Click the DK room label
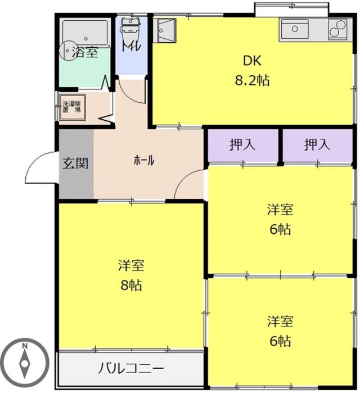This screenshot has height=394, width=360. pos(252,61)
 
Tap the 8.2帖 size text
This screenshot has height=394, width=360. pos(252,81)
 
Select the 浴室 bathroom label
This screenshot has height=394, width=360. pos(85,52)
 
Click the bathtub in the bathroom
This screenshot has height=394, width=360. pos(85,33)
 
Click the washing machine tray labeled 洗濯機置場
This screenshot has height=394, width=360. pos(72,107)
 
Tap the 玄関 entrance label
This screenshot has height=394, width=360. pos(75,164)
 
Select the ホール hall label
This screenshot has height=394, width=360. pos(144,160)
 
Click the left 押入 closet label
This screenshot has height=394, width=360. pos(242,145)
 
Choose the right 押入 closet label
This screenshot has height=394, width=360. pos(317,145)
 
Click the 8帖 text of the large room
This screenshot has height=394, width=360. pos(131,286)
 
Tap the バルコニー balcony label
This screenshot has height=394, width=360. pos(130,369)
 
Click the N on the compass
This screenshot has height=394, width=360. pos(25,346)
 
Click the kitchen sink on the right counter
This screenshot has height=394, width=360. pos(295,29)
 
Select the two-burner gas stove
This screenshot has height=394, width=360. pos(337,29)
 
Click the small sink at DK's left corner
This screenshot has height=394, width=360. pos(165,30)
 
